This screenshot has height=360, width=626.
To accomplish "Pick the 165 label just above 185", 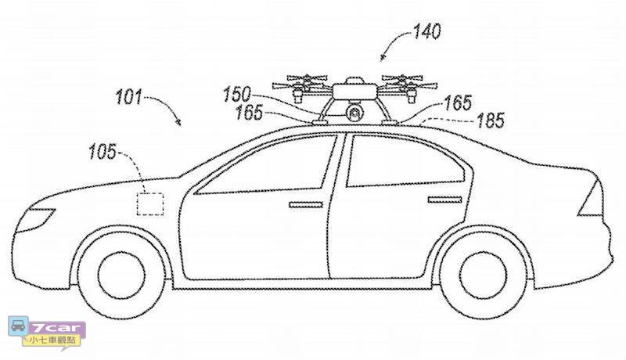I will coord(458,103).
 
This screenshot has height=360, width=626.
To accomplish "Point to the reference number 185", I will coord(489,121).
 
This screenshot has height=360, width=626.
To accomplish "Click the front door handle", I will coord(304,206).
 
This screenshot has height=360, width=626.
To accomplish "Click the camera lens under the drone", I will coord(354,114).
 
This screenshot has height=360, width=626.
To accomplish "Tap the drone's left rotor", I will coord(298,81).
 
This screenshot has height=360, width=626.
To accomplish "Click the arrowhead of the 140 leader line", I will coord(382,59).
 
